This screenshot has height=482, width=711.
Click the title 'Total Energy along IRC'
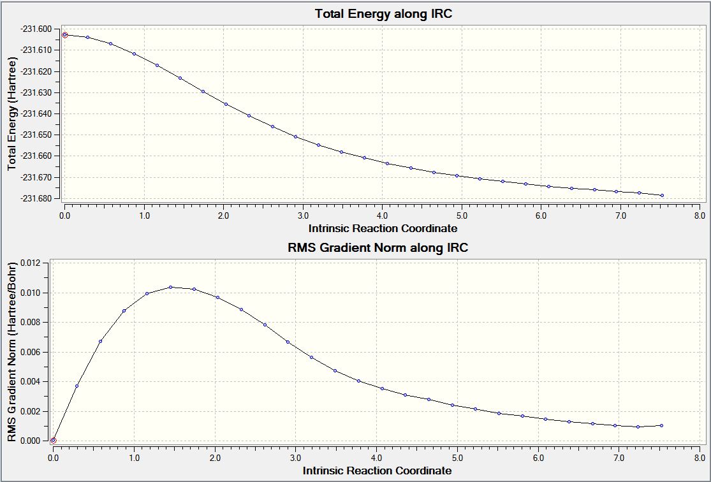(383, 13)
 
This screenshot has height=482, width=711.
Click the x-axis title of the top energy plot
(383, 228)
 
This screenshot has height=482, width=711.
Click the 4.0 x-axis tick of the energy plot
(382, 215)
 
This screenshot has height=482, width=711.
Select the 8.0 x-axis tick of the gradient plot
(699, 457)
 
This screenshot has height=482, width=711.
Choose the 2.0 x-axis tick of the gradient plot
(215, 457)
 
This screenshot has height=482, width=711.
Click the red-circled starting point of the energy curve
(64, 35)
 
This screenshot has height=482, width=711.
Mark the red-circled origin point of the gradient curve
(54, 440)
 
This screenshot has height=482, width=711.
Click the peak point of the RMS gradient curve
(171, 287)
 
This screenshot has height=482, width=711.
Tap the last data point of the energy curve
(663, 195)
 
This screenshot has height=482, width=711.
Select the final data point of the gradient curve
(662, 425)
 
